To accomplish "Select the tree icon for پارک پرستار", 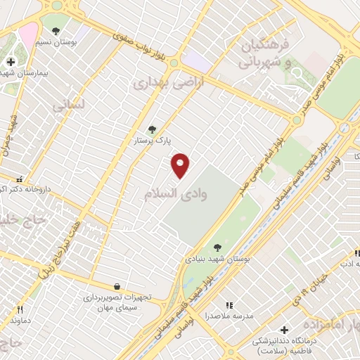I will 152,129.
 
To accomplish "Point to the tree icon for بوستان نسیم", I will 56,30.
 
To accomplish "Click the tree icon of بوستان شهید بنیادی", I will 217,247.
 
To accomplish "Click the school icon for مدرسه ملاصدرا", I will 229,305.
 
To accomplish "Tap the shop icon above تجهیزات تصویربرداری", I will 116,286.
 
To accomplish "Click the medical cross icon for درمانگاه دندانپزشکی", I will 284,329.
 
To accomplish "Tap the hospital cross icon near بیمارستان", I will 11,62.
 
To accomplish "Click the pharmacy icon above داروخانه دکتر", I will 20,179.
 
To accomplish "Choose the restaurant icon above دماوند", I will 20,309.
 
